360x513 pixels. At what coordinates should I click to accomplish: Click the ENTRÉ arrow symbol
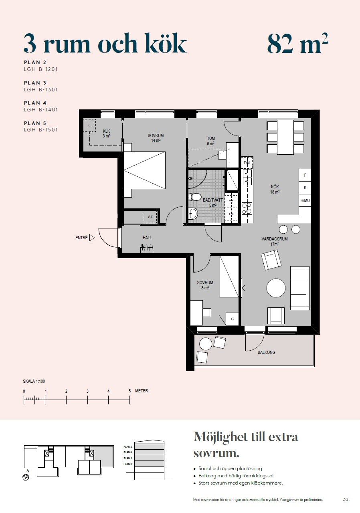(92, 238)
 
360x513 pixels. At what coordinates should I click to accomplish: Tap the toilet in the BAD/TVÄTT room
(195, 197)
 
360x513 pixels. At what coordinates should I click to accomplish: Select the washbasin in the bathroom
(193, 214)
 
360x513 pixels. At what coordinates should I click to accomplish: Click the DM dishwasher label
(247, 163)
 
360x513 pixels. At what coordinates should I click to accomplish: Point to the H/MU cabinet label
(305, 200)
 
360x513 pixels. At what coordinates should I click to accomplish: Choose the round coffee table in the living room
(276, 288)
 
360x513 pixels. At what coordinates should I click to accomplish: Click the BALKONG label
(266, 352)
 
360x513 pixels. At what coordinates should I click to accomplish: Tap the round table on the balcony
(206, 344)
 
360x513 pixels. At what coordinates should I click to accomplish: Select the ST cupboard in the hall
(150, 217)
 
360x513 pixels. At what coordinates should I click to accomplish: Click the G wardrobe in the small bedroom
(232, 319)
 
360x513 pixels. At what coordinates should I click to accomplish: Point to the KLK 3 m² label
(106, 133)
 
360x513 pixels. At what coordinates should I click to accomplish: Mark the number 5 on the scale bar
(129, 391)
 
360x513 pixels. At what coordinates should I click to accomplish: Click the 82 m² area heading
(298, 44)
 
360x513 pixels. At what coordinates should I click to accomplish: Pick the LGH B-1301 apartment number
(41, 89)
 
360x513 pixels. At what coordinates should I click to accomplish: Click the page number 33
(346, 499)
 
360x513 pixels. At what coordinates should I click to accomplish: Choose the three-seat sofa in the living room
(300, 288)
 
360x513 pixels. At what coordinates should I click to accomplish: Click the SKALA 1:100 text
(34, 381)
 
